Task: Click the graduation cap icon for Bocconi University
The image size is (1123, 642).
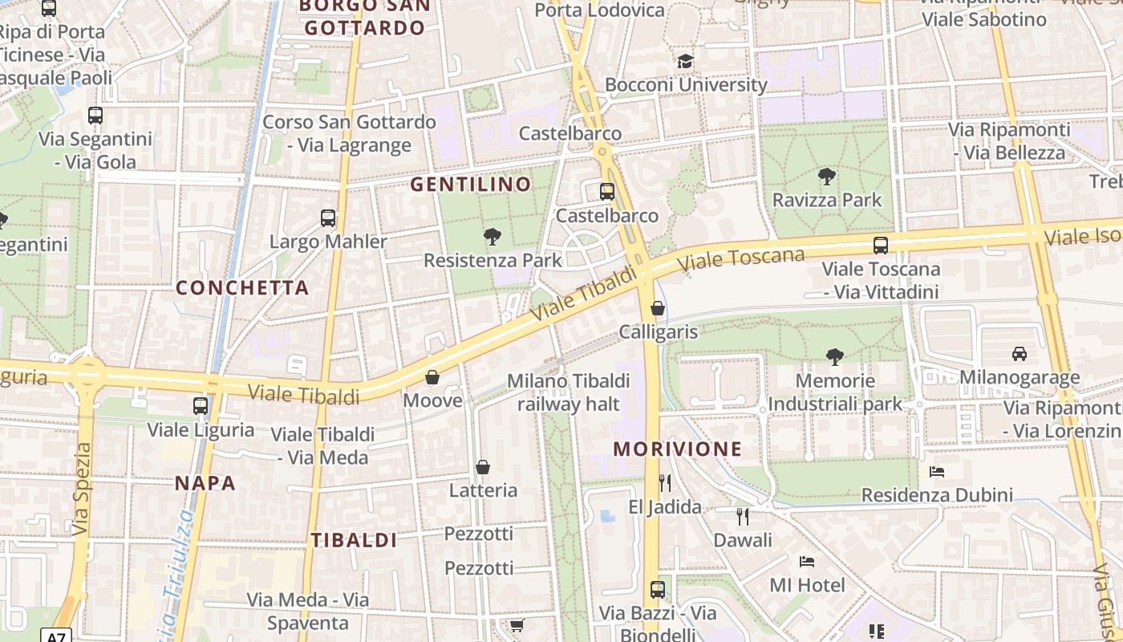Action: (685, 61)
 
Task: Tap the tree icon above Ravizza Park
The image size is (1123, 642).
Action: (826, 177)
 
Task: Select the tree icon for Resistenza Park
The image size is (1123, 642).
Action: (492, 237)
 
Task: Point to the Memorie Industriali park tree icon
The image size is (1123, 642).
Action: (834, 356)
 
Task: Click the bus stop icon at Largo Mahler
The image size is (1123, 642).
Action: (328, 217)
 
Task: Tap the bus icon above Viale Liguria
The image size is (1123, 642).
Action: (201, 406)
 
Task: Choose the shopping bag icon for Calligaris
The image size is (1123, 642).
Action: (658, 308)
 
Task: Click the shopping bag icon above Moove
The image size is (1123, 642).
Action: (432, 376)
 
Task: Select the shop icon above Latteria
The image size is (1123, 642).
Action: (483, 466)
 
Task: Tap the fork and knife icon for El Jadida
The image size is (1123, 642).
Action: (664, 482)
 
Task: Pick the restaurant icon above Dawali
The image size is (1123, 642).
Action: (743, 516)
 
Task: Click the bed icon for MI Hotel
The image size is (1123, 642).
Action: (807, 561)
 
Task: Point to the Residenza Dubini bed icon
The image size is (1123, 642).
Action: (936, 471)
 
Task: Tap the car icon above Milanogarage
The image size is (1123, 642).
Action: (1019, 353)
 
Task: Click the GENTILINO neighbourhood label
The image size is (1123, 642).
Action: (471, 185)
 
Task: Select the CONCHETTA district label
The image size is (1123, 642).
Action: (242, 287)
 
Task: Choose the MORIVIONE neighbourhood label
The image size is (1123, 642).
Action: (677, 449)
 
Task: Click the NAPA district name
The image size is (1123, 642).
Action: (205, 483)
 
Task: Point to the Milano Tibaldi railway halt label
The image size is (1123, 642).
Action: (568, 392)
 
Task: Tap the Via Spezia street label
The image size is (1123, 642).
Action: (82, 490)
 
